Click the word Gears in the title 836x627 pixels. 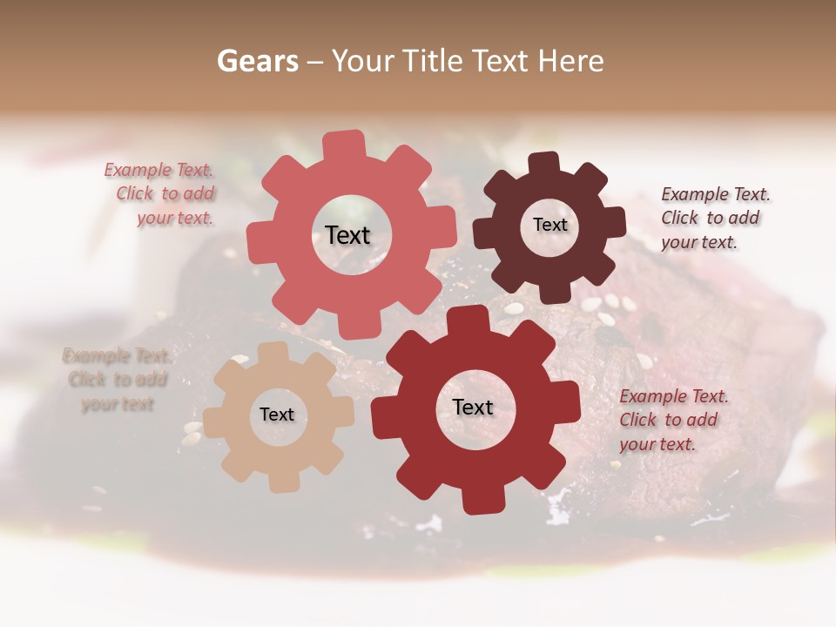258,61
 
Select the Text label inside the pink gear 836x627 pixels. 347,235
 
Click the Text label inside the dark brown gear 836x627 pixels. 549,225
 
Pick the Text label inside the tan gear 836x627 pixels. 277,415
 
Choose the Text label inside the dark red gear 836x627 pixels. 473,407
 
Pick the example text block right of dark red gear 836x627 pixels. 672,420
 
